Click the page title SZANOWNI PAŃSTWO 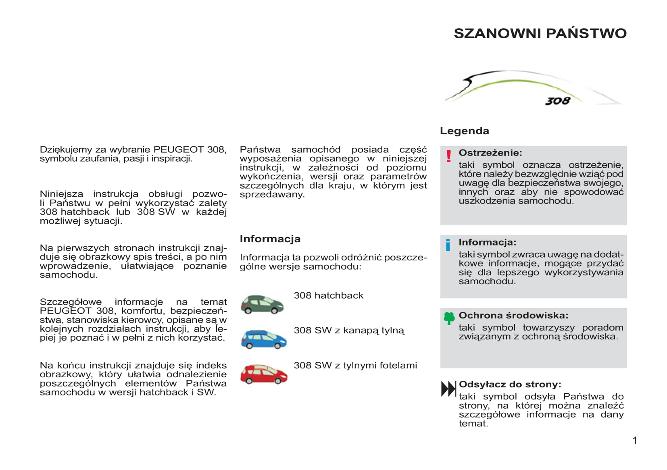tap(540, 33)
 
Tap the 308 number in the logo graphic tap(558, 101)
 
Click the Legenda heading tap(464, 131)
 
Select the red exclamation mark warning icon tap(448, 156)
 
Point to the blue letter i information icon tap(448, 245)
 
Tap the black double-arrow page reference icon tap(448, 389)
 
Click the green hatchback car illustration tap(262, 304)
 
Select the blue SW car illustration tap(264, 339)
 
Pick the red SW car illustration tap(264, 374)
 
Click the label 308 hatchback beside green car tap(328, 295)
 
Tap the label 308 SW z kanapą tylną tap(349, 331)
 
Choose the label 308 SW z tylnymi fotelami tap(355, 366)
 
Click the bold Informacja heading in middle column tap(270, 239)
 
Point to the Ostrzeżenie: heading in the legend tap(490, 153)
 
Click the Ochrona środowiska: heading tap(513, 316)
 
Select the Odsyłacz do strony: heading tap(510, 385)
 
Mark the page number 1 tap(635, 441)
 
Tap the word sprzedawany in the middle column tap(271, 195)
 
